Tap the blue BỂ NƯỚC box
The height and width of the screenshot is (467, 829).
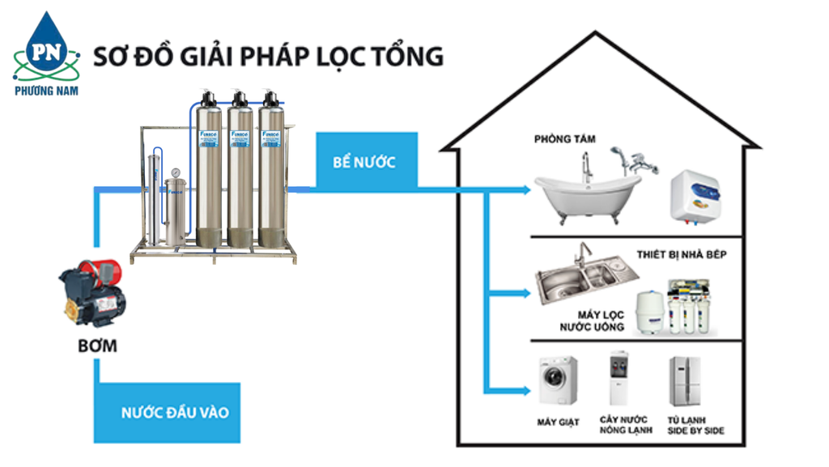tap(364, 162)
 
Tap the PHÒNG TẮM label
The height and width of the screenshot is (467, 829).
tap(564, 139)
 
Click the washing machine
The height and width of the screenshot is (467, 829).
tap(559, 380)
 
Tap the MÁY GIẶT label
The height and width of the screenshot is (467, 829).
tap(558, 422)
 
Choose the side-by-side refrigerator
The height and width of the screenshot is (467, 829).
tap(685, 380)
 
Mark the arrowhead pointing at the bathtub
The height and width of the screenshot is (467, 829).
tap(525, 191)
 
